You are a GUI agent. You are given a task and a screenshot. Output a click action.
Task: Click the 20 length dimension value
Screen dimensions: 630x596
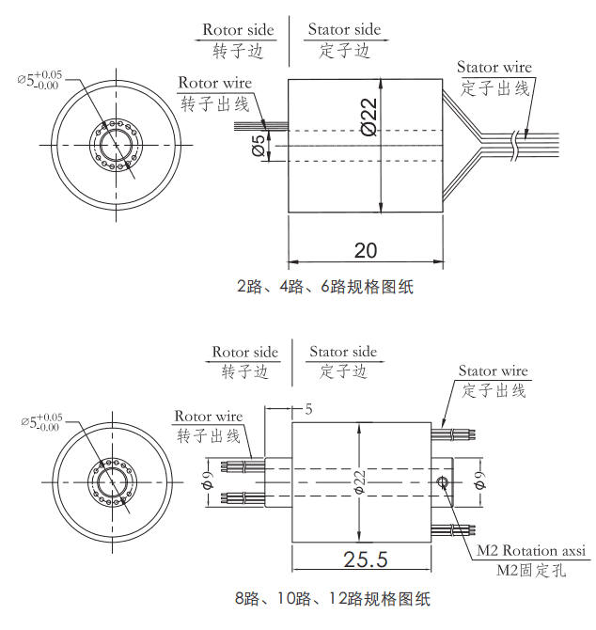pos(365,250)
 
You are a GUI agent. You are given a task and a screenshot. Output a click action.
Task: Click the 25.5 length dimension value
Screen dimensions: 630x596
pos(366,559)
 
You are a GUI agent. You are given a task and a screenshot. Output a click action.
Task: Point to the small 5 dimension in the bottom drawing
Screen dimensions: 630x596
pos(307,410)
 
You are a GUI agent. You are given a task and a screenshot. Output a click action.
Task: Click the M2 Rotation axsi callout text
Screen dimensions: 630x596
pos(530,550)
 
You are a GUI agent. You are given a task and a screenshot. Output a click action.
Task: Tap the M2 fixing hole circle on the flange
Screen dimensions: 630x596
pos(444,482)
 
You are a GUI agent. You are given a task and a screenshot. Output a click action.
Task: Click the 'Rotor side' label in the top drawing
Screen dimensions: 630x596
pos(238,30)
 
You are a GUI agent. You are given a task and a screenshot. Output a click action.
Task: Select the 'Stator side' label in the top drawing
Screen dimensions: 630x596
pos(344,30)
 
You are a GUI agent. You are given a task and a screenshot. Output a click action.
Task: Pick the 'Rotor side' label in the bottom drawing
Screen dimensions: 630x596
pos(244,352)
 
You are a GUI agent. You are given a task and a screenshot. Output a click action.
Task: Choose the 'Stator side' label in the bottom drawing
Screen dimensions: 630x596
pos(343,352)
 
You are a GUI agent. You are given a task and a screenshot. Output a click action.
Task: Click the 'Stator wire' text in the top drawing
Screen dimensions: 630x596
pos(494,67)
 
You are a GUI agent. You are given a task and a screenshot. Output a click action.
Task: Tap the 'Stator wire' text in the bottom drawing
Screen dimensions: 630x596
pos(493,370)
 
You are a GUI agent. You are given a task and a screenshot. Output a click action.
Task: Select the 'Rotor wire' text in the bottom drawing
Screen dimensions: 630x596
pos(208,416)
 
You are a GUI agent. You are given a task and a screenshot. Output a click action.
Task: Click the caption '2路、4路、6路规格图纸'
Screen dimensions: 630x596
pos(324,288)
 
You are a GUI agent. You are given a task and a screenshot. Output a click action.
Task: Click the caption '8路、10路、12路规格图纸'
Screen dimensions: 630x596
pos(332,598)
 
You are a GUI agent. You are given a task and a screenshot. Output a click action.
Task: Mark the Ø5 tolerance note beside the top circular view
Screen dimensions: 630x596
pos(39,81)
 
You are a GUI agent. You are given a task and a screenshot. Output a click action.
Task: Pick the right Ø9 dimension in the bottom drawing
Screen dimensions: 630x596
pos(478,481)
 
